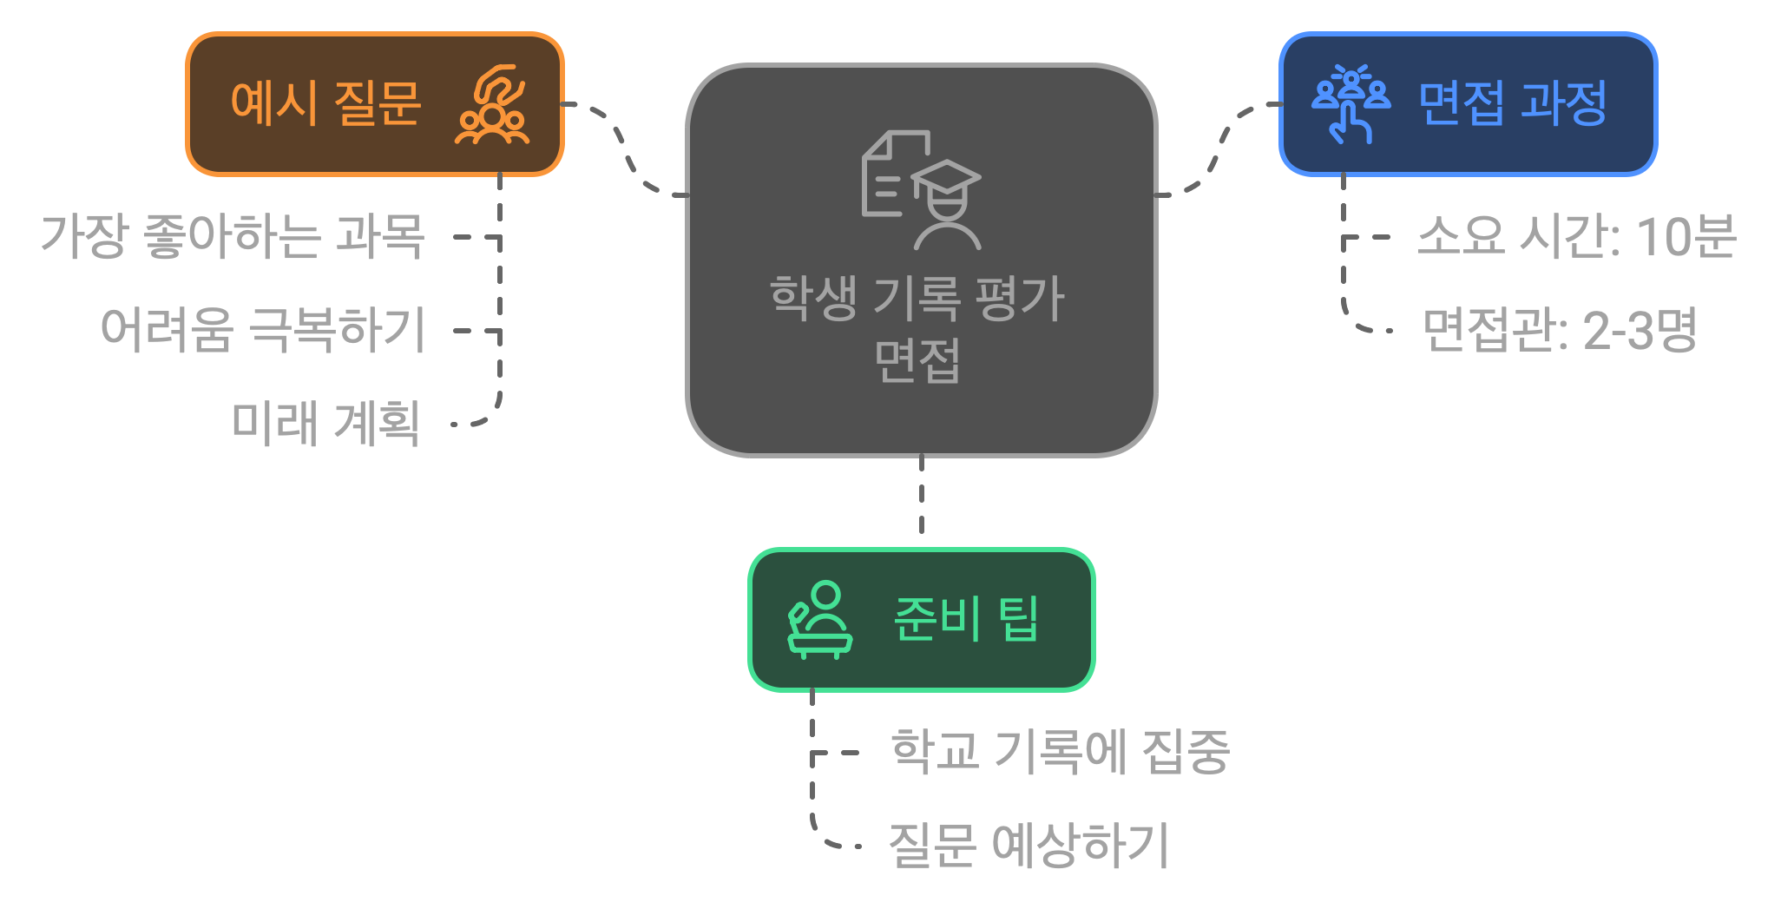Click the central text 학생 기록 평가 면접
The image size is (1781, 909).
pyautogui.click(x=917, y=328)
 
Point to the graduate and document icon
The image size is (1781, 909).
pyautogui.click(x=920, y=189)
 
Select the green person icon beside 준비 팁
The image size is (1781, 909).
pyautogui.click(x=819, y=620)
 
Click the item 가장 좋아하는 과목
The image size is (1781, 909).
pyautogui.click(x=233, y=236)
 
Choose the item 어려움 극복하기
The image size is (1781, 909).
pyautogui.click(x=263, y=330)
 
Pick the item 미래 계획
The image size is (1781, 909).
pyautogui.click(x=325, y=424)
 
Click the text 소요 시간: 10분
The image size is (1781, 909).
pyautogui.click(x=1574, y=236)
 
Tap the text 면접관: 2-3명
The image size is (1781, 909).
pyautogui.click(x=1559, y=330)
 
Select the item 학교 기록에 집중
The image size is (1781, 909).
pyautogui.click(x=1060, y=752)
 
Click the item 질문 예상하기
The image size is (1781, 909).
pyautogui.click(x=1029, y=846)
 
